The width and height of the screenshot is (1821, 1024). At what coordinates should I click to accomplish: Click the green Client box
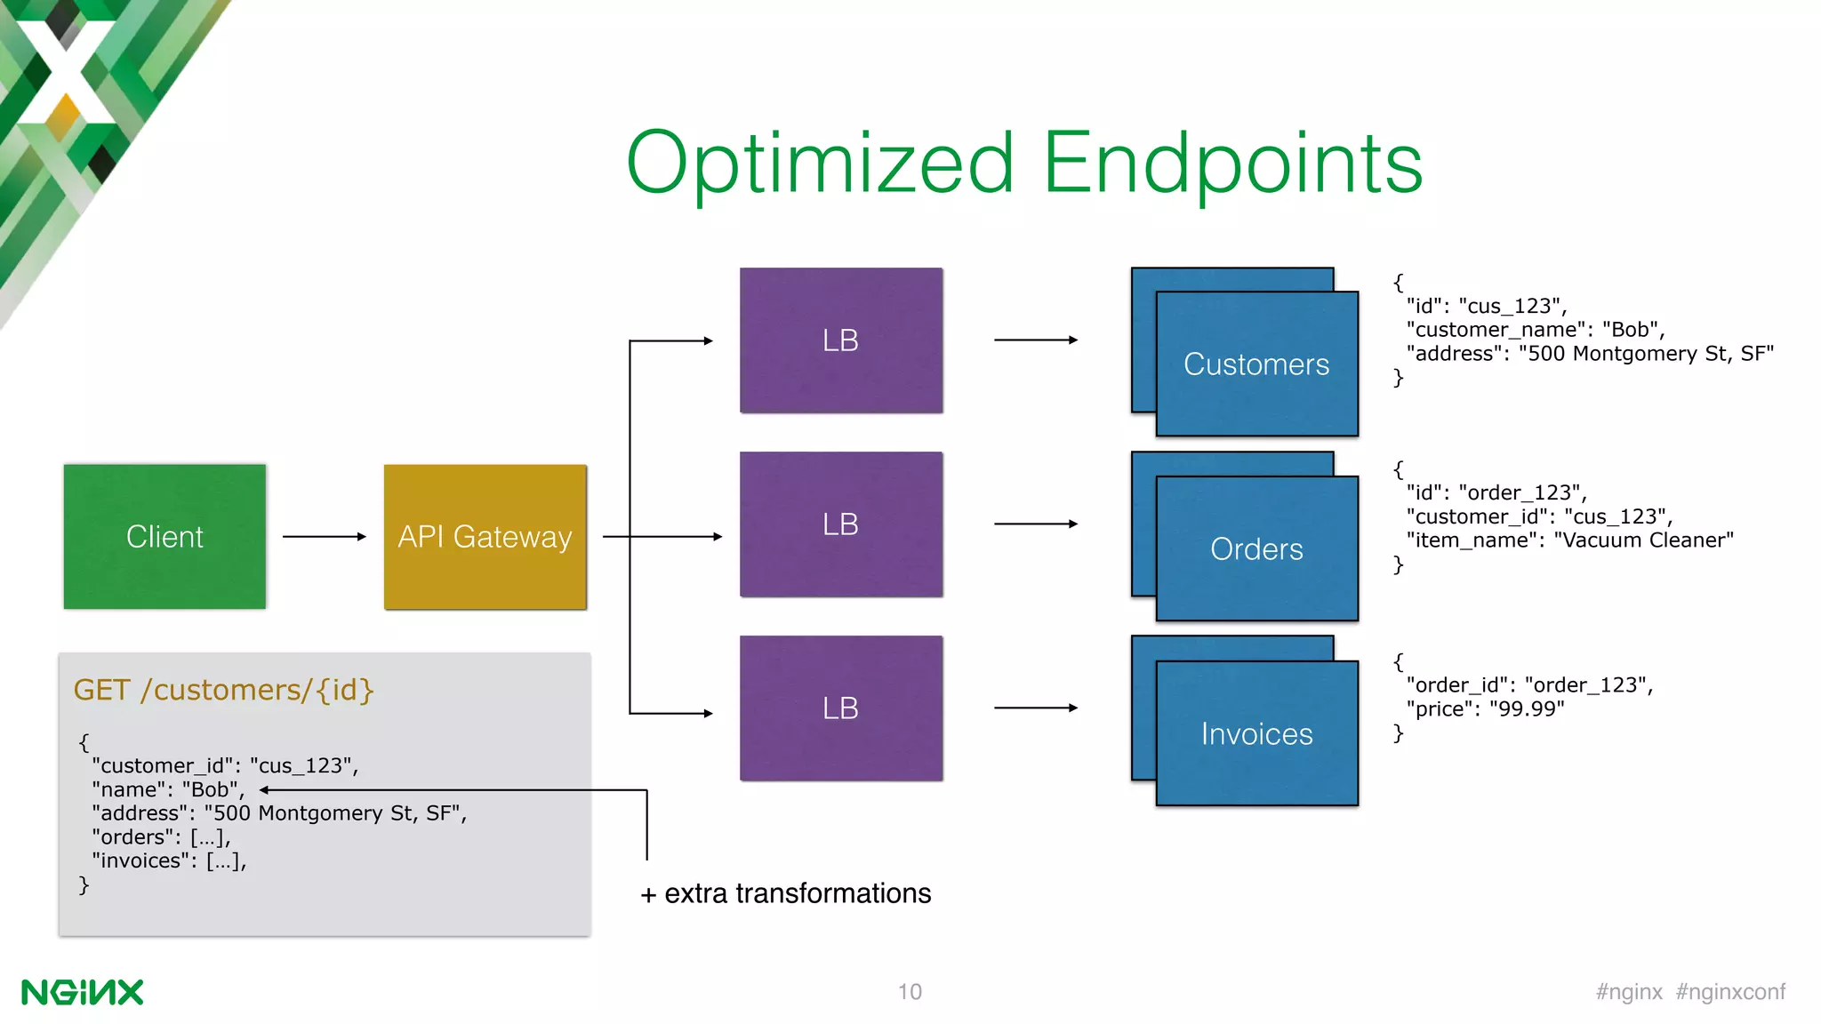tap(164, 536)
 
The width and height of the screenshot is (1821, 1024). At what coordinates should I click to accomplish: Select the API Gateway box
tap(485, 536)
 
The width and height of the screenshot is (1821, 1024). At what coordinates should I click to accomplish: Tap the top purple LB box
tap(840, 340)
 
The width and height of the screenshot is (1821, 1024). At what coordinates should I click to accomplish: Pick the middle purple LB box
tap(840, 524)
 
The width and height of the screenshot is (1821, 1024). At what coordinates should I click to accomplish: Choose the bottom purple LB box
tap(840, 708)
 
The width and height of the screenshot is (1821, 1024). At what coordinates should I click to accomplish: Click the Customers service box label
tap(1255, 364)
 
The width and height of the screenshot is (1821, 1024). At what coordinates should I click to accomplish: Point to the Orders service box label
tap(1255, 549)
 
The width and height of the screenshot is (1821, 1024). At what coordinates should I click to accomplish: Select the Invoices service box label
tap(1255, 734)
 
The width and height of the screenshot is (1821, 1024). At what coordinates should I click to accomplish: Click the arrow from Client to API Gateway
tap(324, 536)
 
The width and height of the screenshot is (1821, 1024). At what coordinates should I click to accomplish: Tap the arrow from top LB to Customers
tap(1035, 340)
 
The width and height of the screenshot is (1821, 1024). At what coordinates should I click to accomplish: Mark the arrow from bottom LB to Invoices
tap(1035, 708)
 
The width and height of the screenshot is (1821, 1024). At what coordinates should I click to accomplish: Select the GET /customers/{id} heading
tap(223, 690)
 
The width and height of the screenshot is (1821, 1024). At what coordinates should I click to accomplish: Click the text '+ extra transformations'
tap(786, 893)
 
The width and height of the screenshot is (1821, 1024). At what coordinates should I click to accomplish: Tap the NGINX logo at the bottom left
tap(82, 992)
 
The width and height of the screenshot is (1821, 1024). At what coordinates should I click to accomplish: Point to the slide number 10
tap(910, 992)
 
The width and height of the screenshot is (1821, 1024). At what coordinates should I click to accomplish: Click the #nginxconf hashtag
tap(1730, 992)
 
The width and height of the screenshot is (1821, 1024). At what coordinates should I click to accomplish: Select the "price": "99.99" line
tap(1485, 709)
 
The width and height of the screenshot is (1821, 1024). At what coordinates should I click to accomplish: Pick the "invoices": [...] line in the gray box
tap(169, 860)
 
